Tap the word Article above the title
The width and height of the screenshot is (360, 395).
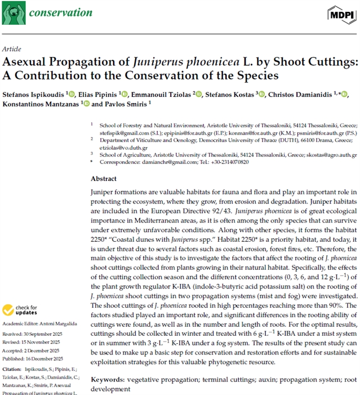click(x=12, y=49)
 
